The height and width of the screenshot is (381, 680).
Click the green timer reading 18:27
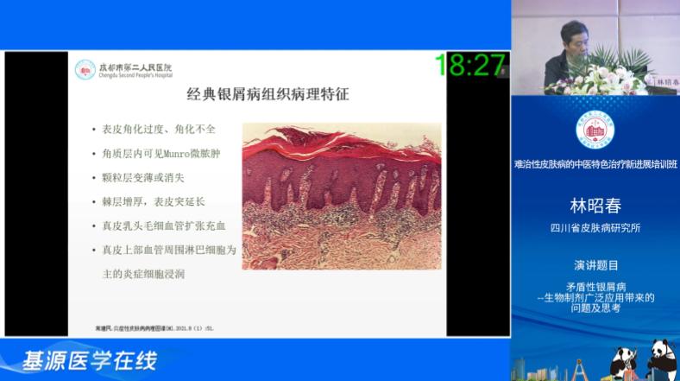[469, 65]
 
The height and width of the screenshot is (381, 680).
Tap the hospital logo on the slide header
[85, 69]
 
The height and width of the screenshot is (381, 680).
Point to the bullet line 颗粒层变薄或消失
[152, 178]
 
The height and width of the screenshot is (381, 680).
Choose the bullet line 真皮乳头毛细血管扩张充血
[170, 226]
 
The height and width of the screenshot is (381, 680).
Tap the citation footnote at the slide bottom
[155, 327]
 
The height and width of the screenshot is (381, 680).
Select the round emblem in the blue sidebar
[595, 129]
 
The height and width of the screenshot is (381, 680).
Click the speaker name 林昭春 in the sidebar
[595, 206]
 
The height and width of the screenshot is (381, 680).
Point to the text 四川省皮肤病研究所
[595, 229]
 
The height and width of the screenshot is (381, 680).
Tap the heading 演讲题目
[595, 265]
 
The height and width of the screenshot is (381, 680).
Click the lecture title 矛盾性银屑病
[595, 286]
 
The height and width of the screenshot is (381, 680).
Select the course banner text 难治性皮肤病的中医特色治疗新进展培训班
[595, 164]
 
